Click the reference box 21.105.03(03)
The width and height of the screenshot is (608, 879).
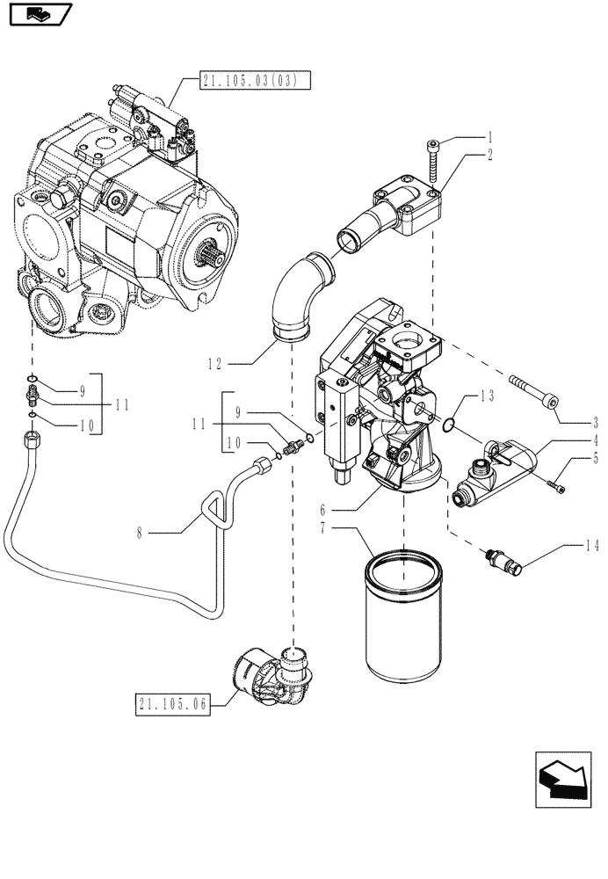coord(249,82)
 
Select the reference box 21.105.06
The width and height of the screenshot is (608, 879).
coord(173,703)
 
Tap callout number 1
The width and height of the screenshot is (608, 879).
coord(490,137)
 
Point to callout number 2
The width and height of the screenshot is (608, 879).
coord(490,154)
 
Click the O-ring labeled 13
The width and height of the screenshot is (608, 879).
coord(449,425)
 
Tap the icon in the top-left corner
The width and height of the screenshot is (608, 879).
coord(37,15)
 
